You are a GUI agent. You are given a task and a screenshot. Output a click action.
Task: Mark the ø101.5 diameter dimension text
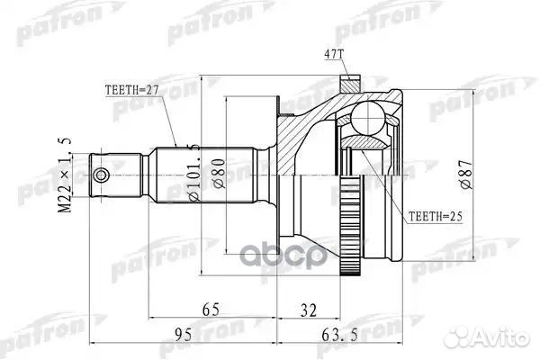[191, 166]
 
